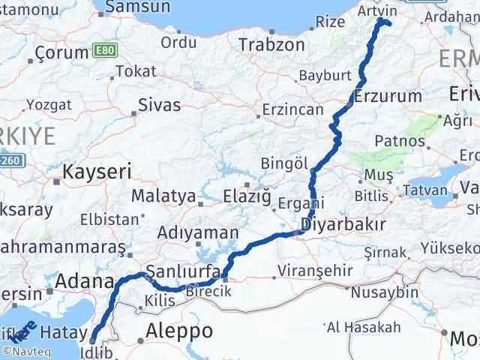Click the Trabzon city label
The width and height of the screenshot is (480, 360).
point(271,44)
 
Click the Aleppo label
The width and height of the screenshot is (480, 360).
point(180,330)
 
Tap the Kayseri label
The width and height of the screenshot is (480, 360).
point(97,172)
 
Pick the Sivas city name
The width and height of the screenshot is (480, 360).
point(160,105)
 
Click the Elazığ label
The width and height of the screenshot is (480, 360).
point(244,196)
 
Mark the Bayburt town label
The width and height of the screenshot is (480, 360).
point(325,76)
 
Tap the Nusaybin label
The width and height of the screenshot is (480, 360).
point(379,290)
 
